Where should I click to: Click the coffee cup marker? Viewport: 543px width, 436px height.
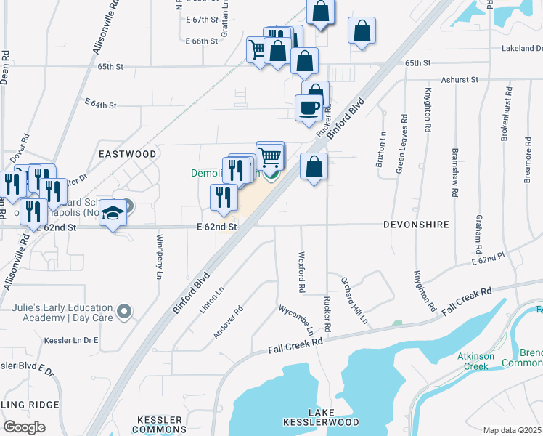(x=309, y=108)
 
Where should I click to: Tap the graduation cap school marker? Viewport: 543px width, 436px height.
(x=113, y=212)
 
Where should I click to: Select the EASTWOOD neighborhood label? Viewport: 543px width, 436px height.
(x=128, y=154)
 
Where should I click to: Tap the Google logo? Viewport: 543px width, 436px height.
(x=24, y=427)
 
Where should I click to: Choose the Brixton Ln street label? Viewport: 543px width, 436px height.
(x=380, y=149)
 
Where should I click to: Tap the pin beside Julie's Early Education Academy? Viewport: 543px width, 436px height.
(x=124, y=312)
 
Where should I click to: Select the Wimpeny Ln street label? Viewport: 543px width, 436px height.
(x=159, y=255)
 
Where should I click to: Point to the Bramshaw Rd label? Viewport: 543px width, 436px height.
(x=456, y=172)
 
